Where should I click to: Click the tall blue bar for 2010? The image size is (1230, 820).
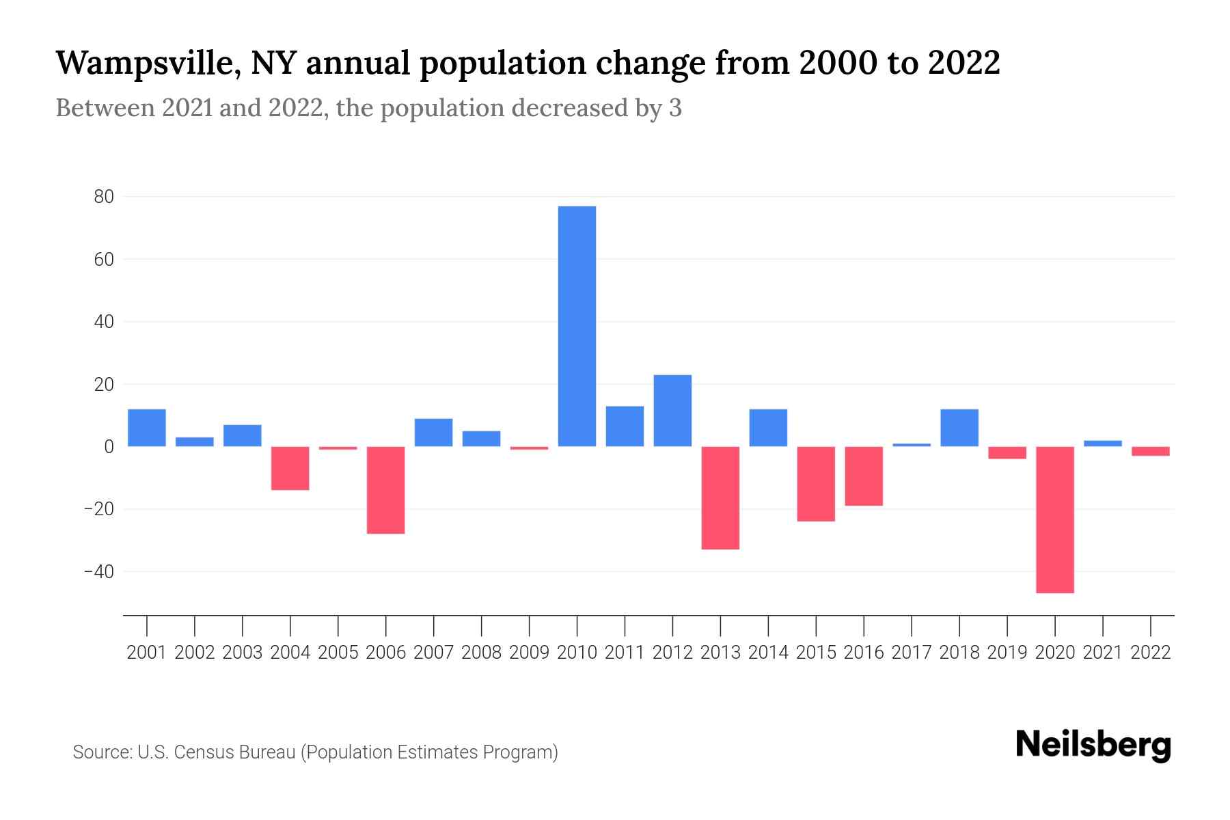click(577, 326)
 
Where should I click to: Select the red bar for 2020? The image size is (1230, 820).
click(1055, 519)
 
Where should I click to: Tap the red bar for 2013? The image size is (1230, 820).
click(720, 497)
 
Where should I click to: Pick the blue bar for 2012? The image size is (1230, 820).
click(672, 411)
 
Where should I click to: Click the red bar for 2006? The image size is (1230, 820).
click(386, 490)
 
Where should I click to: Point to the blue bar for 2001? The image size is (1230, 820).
click(147, 428)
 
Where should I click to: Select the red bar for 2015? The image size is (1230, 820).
click(816, 484)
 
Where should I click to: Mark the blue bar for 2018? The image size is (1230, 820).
click(959, 428)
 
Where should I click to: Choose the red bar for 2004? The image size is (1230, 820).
click(290, 468)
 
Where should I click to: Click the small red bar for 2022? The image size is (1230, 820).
click(1151, 451)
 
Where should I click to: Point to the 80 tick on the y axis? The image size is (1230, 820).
click(104, 197)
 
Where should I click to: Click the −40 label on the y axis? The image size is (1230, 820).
click(98, 571)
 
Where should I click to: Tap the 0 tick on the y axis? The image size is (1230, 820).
click(109, 447)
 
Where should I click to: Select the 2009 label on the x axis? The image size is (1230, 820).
click(530, 653)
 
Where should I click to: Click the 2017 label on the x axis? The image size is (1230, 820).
click(912, 653)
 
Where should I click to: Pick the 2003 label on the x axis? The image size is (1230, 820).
click(243, 653)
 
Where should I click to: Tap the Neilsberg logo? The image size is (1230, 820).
click(1093, 745)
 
